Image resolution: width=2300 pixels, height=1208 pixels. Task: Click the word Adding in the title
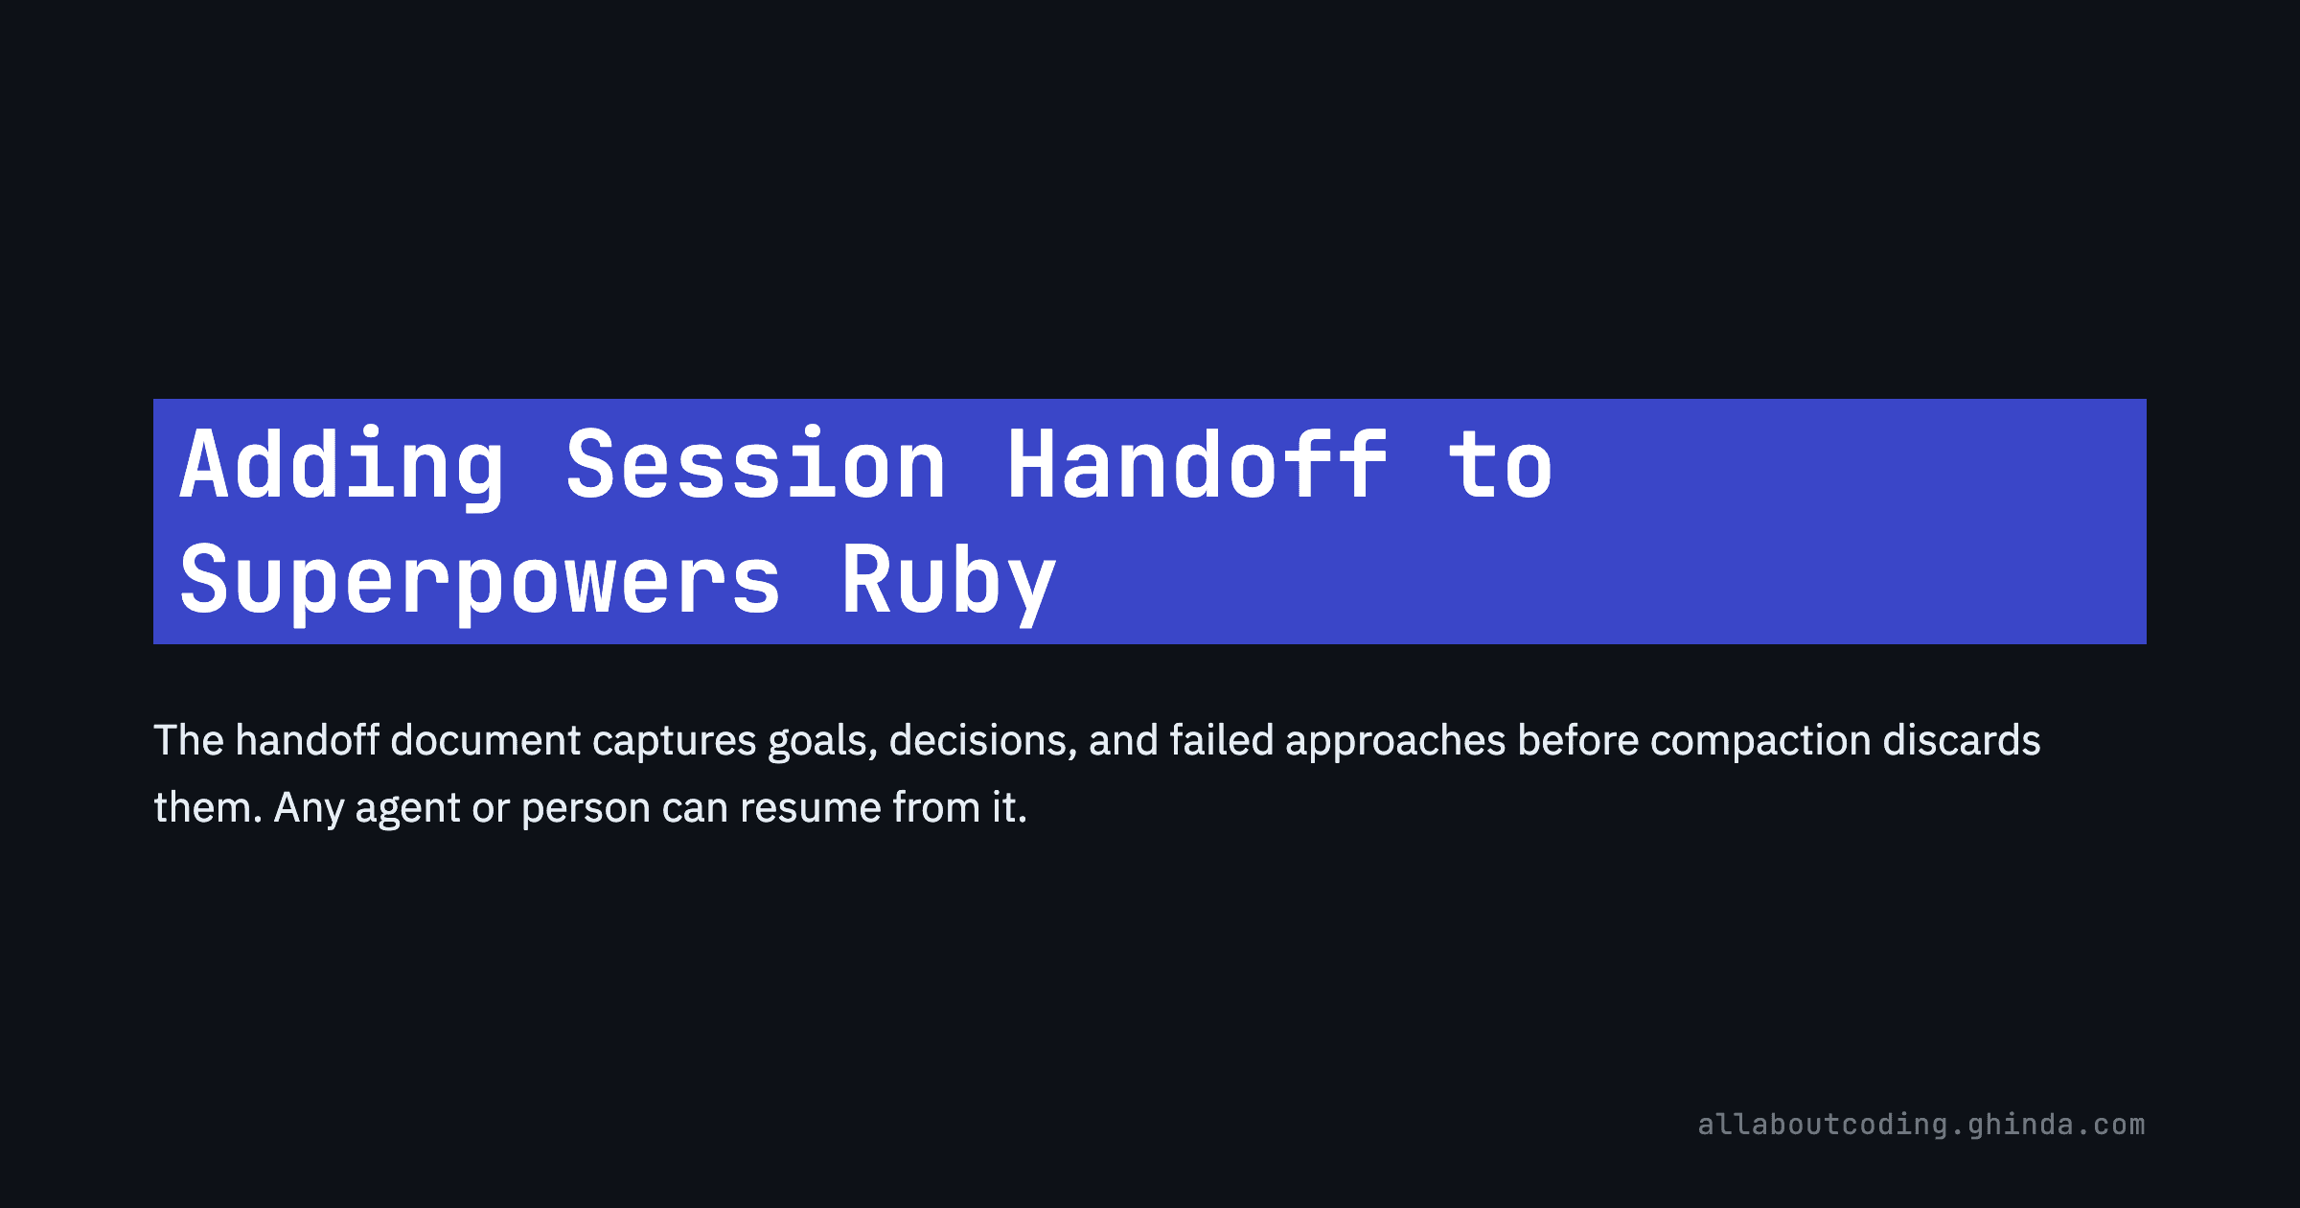coord(342,467)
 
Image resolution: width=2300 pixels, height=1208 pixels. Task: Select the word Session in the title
coord(755,467)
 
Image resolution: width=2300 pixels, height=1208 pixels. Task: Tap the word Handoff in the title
coord(1197,467)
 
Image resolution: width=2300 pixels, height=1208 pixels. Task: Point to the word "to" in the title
coord(1500,467)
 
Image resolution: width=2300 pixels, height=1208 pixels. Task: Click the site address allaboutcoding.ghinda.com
coord(1920,1124)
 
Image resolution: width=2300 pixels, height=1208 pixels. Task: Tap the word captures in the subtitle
coord(675,740)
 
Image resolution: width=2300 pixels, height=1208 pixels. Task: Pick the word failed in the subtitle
coord(1221,740)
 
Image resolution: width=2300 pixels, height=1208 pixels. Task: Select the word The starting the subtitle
coord(189,740)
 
